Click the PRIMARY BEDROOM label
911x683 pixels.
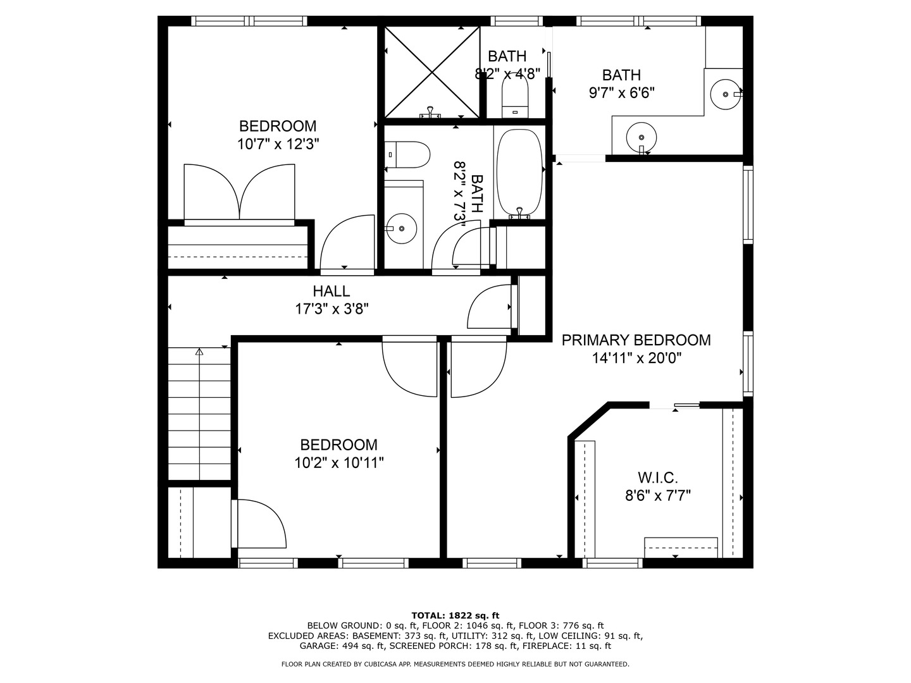click(x=636, y=340)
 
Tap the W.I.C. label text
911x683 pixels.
click(x=657, y=477)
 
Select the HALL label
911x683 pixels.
click(x=331, y=292)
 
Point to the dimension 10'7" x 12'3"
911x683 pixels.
click(x=278, y=144)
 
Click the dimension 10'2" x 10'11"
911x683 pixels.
click(x=338, y=463)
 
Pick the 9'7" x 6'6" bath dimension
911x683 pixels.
click(x=621, y=93)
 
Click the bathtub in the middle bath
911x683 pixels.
click(x=519, y=172)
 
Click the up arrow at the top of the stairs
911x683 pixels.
click(x=199, y=352)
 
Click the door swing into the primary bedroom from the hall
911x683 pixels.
click(x=478, y=367)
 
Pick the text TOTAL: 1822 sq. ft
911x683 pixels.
click(x=455, y=615)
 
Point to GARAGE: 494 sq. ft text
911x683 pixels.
click(x=342, y=646)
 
